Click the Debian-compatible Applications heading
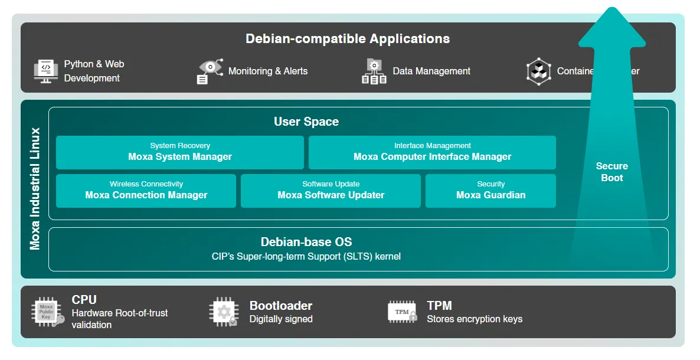(348, 39)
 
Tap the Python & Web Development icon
(46, 71)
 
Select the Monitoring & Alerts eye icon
(210, 71)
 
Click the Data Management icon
(374, 71)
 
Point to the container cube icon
(538, 71)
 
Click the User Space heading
(306, 122)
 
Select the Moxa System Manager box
(180, 152)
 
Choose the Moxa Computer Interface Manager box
(432, 152)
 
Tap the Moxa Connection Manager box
(146, 191)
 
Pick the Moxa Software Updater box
(331, 191)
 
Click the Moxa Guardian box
(490, 191)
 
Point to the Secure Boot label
(611, 172)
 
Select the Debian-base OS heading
(306, 242)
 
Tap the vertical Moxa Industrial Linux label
(35, 189)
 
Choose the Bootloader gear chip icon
(224, 312)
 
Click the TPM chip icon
(403, 312)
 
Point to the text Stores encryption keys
(475, 319)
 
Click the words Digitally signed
(281, 319)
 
